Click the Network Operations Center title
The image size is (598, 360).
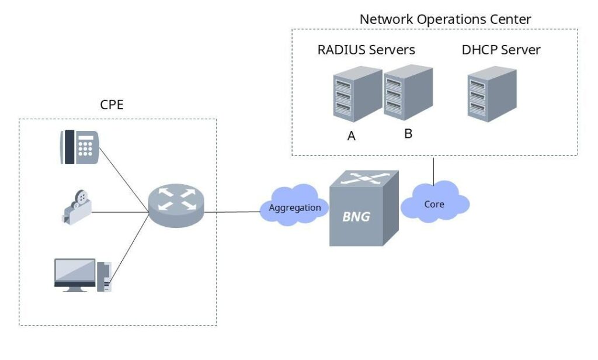click(x=445, y=19)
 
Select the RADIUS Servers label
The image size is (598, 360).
click(x=366, y=50)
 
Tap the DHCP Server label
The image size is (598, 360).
click(x=500, y=50)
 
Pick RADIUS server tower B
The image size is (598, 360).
click(x=407, y=92)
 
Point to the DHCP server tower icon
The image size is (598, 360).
click(x=492, y=95)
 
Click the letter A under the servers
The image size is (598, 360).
click(x=352, y=136)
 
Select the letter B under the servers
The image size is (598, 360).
click(x=408, y=133)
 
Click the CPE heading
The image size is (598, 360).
click(x=112, y=105)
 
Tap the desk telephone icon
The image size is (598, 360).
click(x=79, y=147)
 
